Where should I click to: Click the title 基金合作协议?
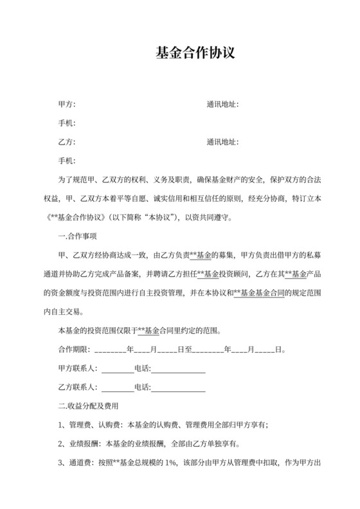point(195,53)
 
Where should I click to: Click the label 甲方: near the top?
point(67,104)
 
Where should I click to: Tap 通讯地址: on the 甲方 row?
point(222,104)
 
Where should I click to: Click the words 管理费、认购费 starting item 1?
point(98,424)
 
